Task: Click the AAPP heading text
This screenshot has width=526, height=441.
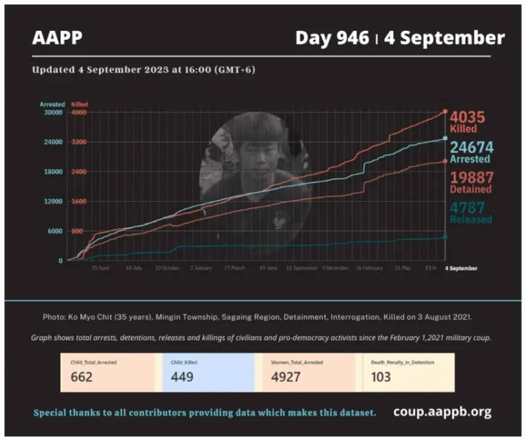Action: click(x=57, y=38)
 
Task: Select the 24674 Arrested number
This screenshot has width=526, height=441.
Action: click(x=471, y=145)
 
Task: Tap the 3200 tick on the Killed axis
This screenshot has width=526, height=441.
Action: click(x=79, y=142)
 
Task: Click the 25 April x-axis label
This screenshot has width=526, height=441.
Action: click(x=100, y=267)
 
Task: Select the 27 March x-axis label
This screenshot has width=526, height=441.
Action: click(x=234, y=267)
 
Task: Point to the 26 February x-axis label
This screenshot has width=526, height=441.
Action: click(x=368, y=267)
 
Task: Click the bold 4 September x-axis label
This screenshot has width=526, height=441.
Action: click(x=462, y=267)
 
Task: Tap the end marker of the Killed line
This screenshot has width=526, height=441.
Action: click(x=445, y=111)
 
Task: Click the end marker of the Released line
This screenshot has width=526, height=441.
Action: click(x=445, y=237)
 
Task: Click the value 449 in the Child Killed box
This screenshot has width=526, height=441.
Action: click(x=181, y=377)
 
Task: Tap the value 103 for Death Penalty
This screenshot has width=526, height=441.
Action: click(x=381, y=377)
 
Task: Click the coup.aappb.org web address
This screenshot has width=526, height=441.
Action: click(x=442, y=412)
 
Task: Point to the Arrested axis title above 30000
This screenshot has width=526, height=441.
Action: click(x=52, y=104)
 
